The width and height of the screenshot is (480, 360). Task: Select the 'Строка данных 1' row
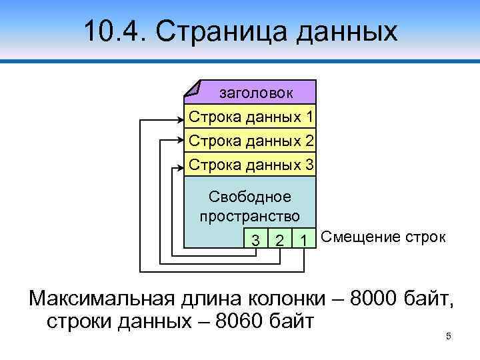(x=251, y=117)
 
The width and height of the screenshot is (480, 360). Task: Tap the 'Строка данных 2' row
(x=251, y=141)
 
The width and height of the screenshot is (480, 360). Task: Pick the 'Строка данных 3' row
(x=251, y=163)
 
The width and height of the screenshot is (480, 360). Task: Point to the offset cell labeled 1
(x=304, y=239)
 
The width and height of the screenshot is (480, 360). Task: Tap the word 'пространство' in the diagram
(x=250, y=216)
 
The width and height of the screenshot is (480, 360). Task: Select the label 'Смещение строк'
(x=383, y=237)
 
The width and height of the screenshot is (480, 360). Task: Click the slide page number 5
(x=449, y=336)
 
